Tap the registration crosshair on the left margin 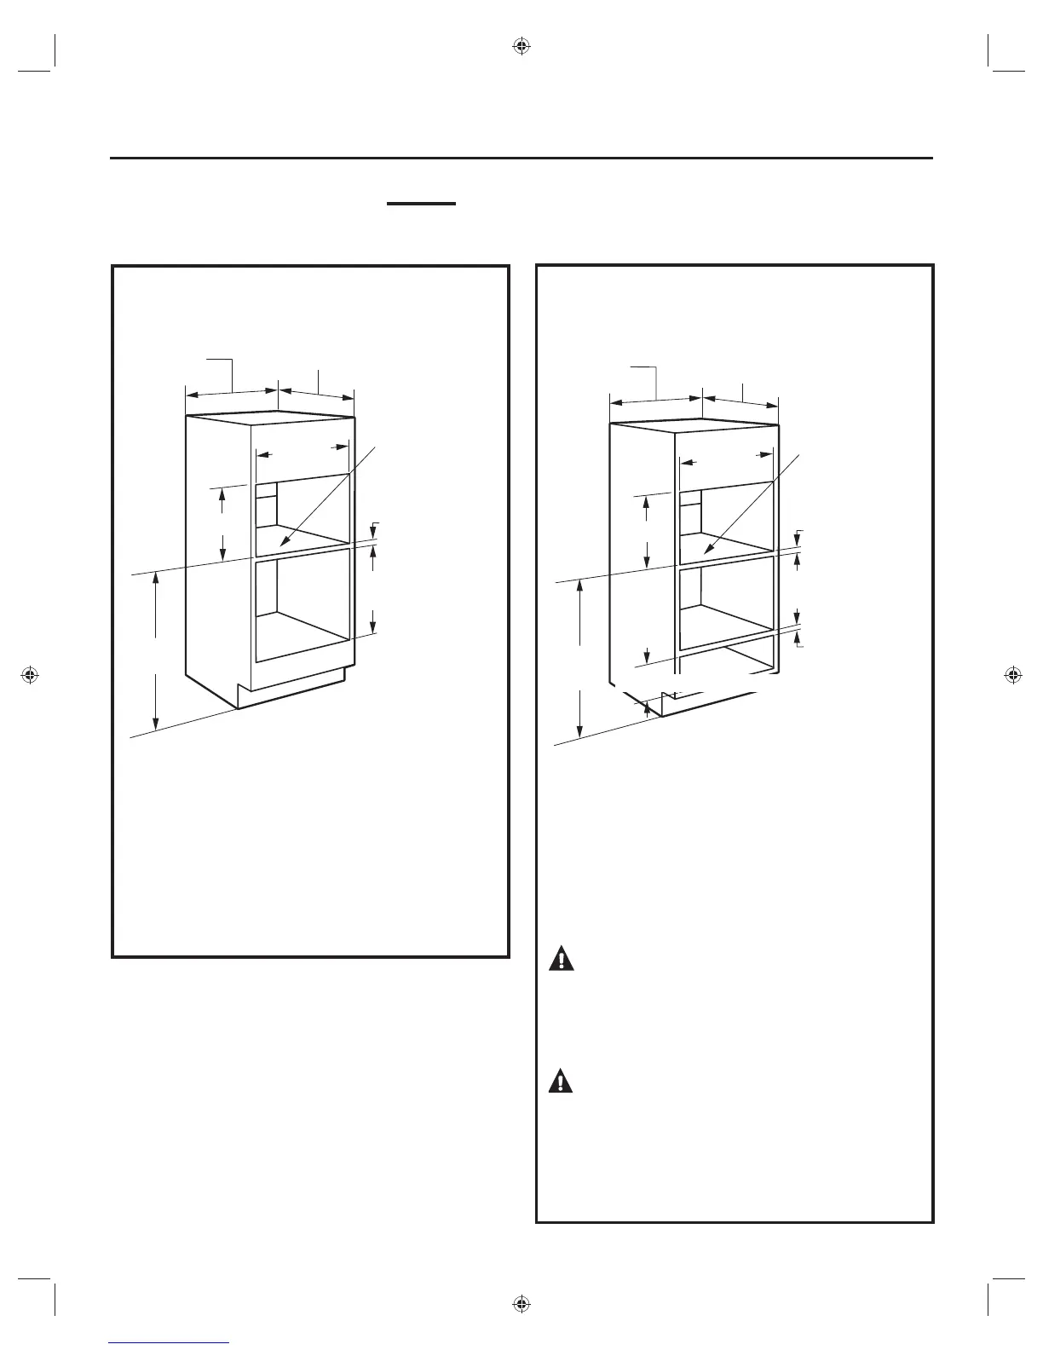point(30,675)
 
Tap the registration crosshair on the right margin point(1012,675)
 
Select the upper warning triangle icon point(562,959)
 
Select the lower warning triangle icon point(562,1082)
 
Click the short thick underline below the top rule point(422,204)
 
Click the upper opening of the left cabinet point(303,511)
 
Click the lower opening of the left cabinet point(303,605)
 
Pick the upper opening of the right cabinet point(727,520)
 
